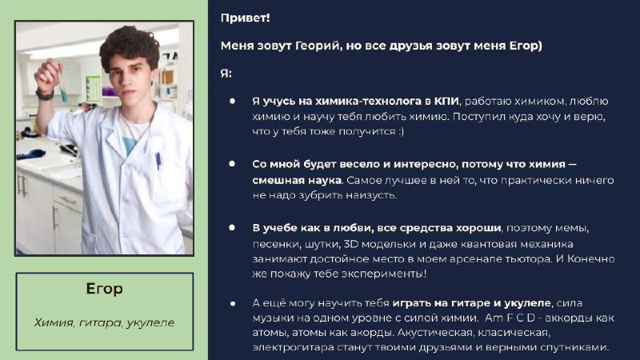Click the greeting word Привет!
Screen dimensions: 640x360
coord(245,18)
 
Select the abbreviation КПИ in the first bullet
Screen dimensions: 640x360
coord(446,101)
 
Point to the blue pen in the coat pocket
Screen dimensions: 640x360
coord(158,161)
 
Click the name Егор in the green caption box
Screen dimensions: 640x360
coord(105,289)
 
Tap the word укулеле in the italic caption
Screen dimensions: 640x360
coord(150,322)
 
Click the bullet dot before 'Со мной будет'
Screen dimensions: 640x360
coord(232,164)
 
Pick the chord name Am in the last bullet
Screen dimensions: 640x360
coord(494,318)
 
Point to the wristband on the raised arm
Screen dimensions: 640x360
coord(45,95)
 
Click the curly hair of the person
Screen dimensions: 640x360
coord(130,47)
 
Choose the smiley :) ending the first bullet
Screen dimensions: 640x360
coord(400,131)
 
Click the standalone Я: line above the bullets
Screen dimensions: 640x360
coord(226,74)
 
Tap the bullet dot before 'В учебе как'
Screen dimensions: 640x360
coord(232,227)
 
